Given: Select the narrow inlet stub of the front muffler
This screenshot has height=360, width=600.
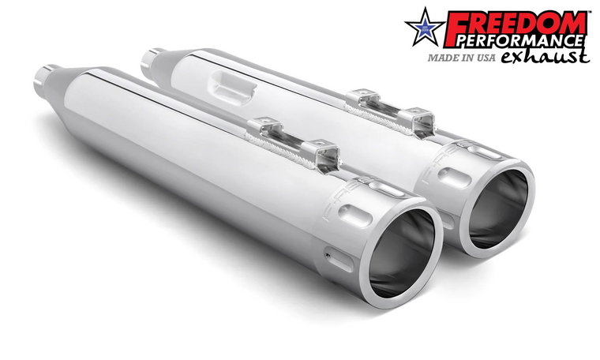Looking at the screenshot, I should coord(44,77).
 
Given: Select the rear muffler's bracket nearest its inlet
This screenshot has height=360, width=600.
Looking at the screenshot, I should coord(361,99).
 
